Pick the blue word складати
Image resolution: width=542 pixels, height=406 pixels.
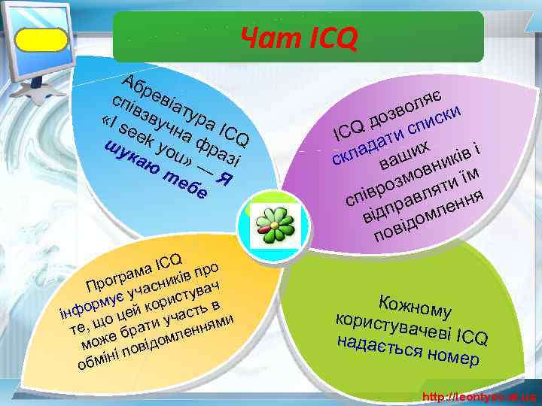point(363,147)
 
